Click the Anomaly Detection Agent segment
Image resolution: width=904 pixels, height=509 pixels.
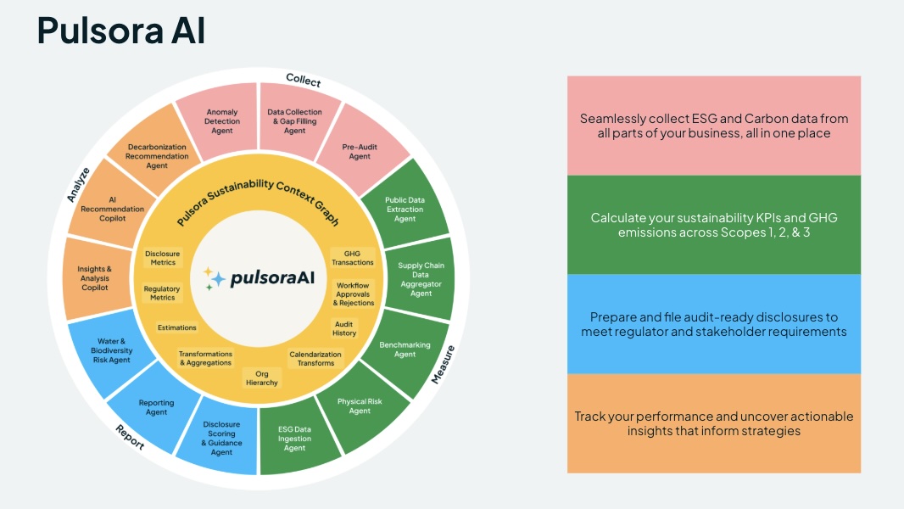[221, 120]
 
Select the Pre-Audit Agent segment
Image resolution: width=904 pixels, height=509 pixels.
[360, 151]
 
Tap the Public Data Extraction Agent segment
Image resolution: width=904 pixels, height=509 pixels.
[405, 209]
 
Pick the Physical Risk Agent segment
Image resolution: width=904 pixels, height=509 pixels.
[360, 406]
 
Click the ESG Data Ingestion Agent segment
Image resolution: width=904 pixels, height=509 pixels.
[294, 438]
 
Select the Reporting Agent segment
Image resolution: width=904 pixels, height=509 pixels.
[157, 407]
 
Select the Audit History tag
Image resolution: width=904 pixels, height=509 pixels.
[344, 327]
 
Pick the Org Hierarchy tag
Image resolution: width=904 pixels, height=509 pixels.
[261, 378]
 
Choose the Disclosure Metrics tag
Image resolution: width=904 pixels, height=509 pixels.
[163, 257]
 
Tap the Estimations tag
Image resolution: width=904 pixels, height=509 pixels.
[176, 327]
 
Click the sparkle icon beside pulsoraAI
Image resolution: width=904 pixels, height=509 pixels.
[215, 278]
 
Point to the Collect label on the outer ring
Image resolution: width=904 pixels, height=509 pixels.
[303, 81]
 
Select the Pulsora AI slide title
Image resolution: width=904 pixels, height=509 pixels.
[120, 31]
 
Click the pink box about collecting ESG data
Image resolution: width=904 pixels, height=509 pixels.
[713, 126]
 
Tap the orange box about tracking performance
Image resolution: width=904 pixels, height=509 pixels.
[713, 423]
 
